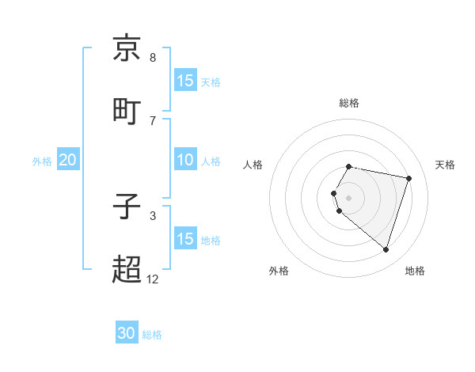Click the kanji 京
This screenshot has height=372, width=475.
(x=127, y=49)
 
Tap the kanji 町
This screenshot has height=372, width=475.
(x=127, y=110)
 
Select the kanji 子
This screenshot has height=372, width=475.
(x=127, y=207)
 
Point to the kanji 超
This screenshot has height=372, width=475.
(x=127, y=270)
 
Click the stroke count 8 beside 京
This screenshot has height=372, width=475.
(x=153, y=58)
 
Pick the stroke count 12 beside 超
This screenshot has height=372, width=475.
(x=153, y=279)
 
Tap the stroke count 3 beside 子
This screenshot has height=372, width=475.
(x=153, y=215)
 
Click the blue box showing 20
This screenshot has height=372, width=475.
(x=68, y=160)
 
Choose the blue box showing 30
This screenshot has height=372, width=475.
(x=127, y=333)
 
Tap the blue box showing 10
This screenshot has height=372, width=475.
(x=185, y=160)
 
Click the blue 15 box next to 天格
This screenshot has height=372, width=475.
(x=185, y=81)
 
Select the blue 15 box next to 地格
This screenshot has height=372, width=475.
(x=185, y=239)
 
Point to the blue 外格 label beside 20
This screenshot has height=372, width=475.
(x=42, y=161)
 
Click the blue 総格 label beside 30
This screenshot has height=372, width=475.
(x=152, y=335)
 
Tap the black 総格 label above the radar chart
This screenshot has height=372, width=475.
(x=349, y=103)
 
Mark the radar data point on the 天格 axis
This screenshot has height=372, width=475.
(x=408, y=179)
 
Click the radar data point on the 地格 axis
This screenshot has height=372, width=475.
(x=386, y=250)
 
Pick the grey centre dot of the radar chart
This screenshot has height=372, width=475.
(x=349, y=197)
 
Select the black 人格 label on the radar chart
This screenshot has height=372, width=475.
(x=253, y=165)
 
